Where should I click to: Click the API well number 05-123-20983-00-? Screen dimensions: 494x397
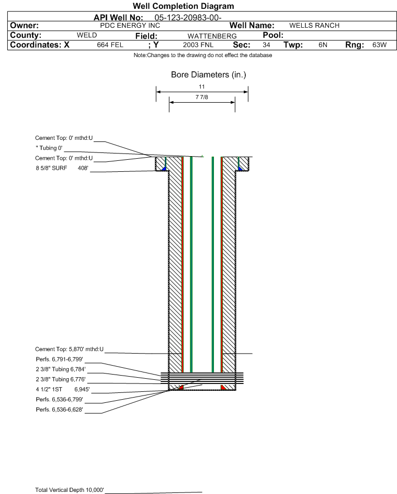tap(184, 17)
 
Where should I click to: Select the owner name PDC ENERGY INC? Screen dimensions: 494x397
tap(130, 26)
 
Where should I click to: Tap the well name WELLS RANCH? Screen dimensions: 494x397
tap(314, 26)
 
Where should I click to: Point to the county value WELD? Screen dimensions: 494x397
tap(87, 36)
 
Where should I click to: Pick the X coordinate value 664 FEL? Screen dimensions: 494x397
tap(110, 45)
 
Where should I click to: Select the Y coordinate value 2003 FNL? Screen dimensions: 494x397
tap(198, 45)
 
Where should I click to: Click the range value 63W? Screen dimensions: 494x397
tap(379, 45)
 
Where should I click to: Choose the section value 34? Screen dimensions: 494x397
tap(266, 45)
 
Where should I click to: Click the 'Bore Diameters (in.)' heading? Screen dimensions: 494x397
tap(208, 75)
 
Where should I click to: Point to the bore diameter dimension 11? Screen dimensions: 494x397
tap(201, 86)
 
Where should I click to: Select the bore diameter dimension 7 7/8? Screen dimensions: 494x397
tap(202, 97)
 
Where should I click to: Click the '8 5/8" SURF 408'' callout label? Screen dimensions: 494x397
tap(62, 168)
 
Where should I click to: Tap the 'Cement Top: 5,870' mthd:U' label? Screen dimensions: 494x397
tap(70, 349)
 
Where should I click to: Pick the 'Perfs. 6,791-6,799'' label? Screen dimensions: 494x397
tap(59, 359)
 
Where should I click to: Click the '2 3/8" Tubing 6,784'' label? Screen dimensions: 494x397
tap(60, 369)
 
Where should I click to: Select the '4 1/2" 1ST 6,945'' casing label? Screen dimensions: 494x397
tap(62, 389)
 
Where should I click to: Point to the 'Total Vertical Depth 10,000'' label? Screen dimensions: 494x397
tap(70, 490)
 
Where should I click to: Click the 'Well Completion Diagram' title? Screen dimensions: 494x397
tap(184, 6)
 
